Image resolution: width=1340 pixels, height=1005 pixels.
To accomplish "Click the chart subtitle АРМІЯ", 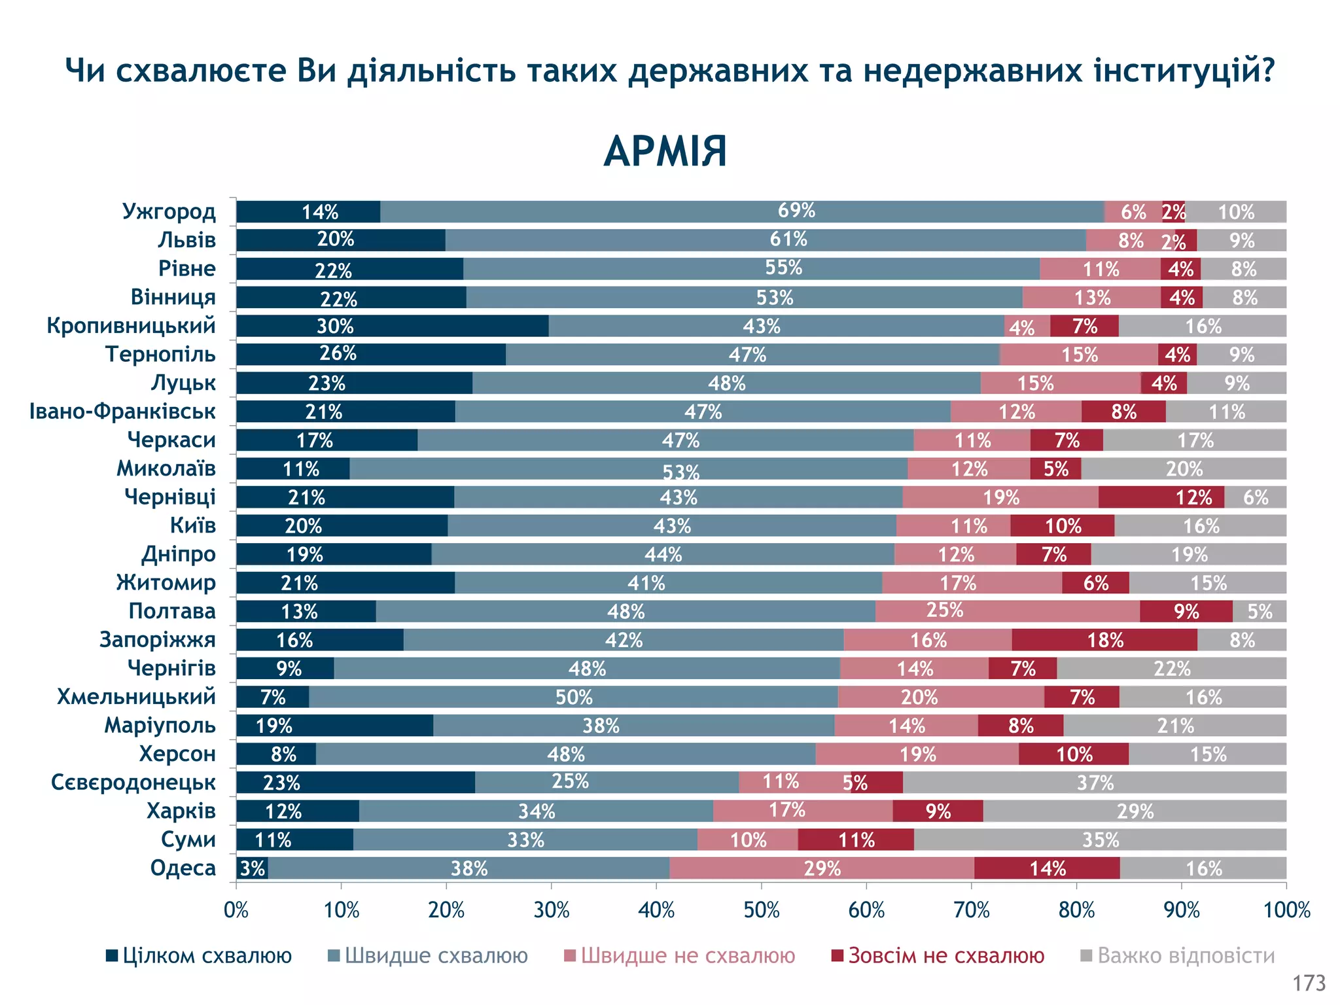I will pos(665,152).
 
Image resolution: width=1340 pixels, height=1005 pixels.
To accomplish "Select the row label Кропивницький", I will pos(131,325).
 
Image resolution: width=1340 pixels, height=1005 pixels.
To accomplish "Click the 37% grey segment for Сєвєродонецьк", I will pos(1094,783).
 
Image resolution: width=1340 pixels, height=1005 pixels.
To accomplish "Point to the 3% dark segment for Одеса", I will pos(252,868).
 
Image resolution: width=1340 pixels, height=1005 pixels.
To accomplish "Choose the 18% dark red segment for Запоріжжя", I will pos(1104,640).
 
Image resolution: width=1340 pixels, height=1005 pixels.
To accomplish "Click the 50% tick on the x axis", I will pos(762,910).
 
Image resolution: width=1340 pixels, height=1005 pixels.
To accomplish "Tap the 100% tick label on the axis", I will pos(1286,910).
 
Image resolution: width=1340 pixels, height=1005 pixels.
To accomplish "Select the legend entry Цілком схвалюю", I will pos(199,956).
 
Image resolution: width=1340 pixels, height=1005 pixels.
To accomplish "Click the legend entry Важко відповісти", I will pos(1178,956).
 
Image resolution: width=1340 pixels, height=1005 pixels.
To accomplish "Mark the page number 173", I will pos(1309,983).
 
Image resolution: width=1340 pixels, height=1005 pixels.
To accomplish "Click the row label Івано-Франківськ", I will pos(122,411).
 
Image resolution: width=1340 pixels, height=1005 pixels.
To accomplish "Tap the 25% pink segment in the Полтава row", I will pos(1008,611).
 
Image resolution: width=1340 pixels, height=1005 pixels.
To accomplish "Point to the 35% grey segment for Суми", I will pos(1100,839).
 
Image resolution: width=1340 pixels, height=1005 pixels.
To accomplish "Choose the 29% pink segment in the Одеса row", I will pos(822,868).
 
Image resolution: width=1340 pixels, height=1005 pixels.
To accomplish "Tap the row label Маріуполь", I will pos(160,725).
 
